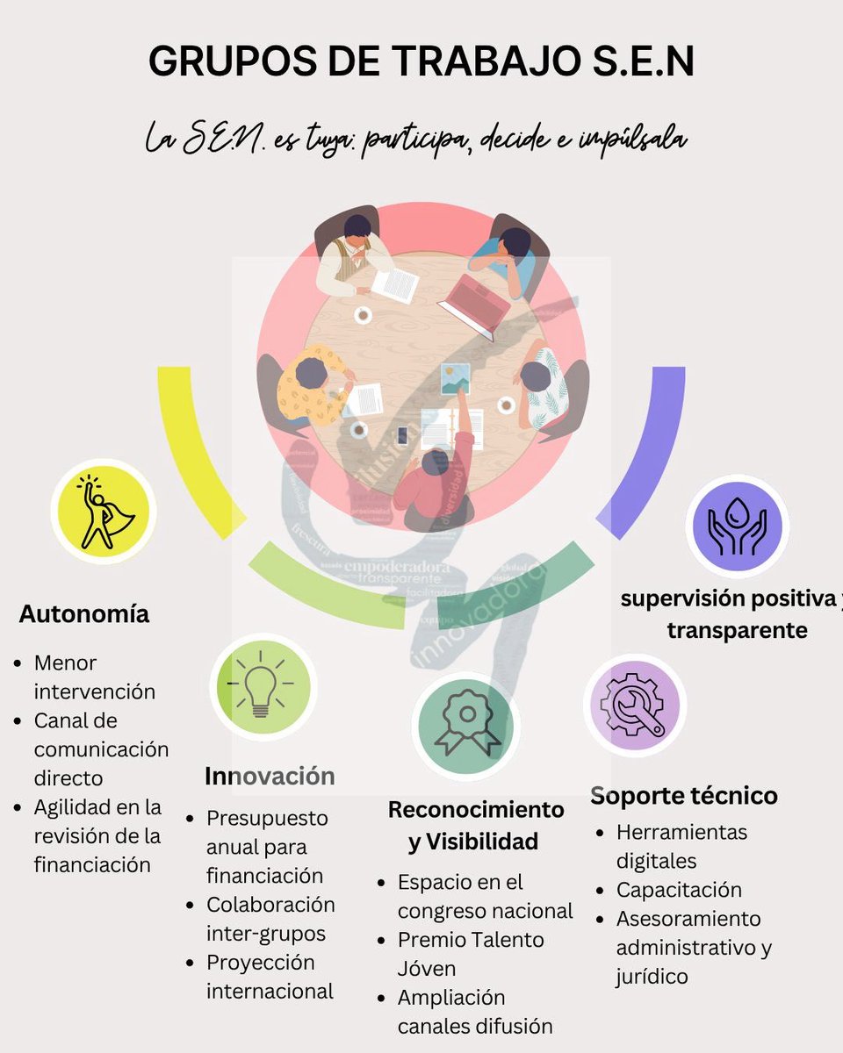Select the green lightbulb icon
pos(262,686)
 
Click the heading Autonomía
pos(84,614)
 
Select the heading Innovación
pos(270,777)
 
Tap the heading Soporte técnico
pos(683,796)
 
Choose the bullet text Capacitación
pos(679,890)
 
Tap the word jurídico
pos(652,977)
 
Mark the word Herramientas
pos(681,832)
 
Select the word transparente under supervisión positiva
pos(737,630)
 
